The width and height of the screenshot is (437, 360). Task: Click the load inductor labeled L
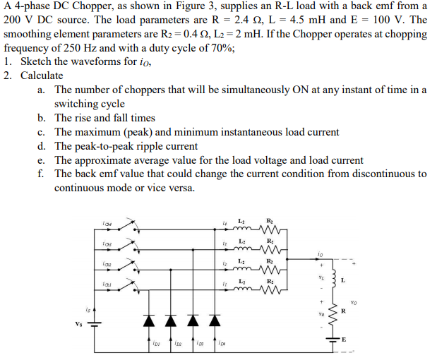[x=336, y=279]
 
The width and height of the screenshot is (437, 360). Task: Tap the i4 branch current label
[x=225, y=224]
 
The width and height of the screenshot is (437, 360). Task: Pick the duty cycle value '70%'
[x=222, y=48]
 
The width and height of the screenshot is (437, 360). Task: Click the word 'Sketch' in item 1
[x=36, y=61]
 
